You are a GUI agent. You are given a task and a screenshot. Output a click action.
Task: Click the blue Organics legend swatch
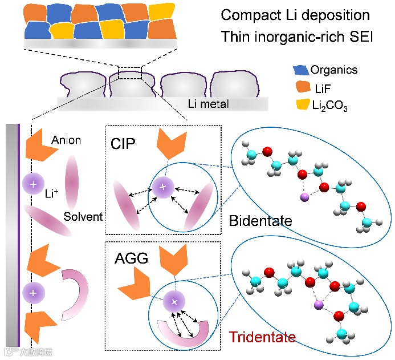(x=300, y=71)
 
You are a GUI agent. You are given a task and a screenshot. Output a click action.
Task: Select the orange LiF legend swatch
(x=300, y=88)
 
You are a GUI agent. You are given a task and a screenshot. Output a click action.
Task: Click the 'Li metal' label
(x=208, y=103)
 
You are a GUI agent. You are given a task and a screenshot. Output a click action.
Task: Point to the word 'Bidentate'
(x=260, y=220)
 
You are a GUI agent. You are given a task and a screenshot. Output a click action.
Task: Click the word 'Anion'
(x=66, y=140)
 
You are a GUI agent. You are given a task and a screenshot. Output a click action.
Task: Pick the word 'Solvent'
(x=83, y=217)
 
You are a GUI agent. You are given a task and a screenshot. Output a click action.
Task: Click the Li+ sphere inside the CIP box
(x=162, y=187)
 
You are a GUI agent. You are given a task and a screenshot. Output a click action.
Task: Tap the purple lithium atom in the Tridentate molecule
(x=319, y=307)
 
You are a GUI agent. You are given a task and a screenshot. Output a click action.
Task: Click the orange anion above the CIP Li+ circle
(x=170, y=144)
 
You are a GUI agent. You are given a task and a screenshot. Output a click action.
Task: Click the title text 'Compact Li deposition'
(x=295, y=15)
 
